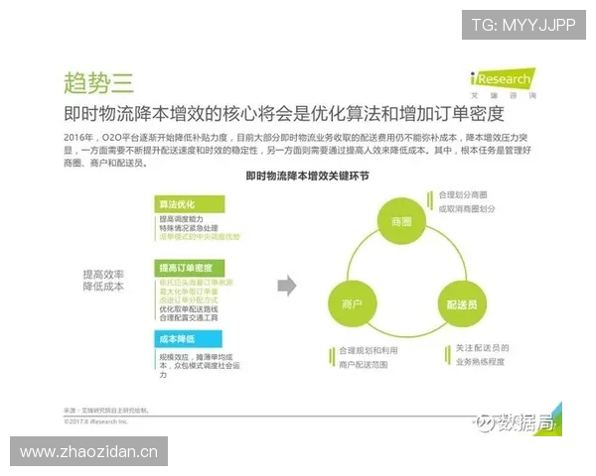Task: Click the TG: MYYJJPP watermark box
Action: click(x=523, y=25)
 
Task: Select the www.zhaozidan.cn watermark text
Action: click(x=89, y=452)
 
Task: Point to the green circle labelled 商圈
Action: click(x=401, y=221)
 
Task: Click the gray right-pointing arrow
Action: click(x=287, y=286)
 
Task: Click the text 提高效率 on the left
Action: click(x=103, y=274)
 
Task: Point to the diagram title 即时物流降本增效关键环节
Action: click(x=308, y=175)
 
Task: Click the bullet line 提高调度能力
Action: click(x=182, y=218)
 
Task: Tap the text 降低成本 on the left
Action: click(x=103, y=287)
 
